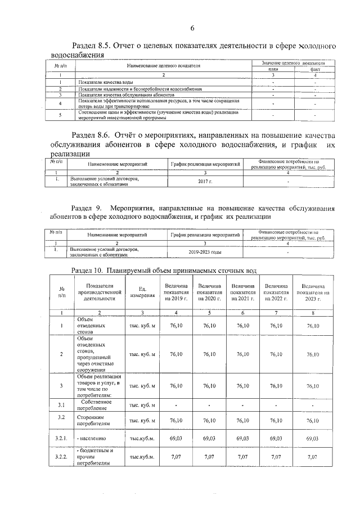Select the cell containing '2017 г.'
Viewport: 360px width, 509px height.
click(205, 182)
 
